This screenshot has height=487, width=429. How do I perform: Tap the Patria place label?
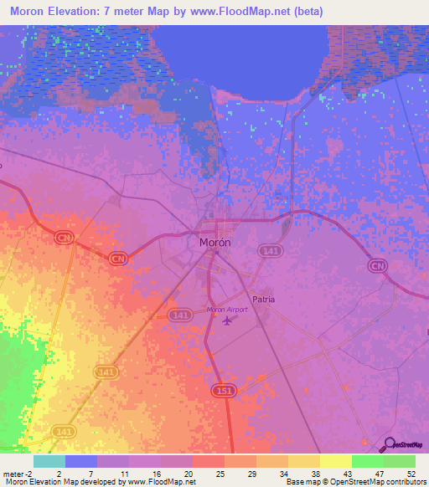(263, 299)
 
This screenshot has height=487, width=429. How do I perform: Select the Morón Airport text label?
(228, 310)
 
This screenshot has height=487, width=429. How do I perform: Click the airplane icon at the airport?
(226, 321)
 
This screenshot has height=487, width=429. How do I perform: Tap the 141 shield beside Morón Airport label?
(178, 314)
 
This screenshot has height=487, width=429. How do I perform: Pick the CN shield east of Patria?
(378, 265)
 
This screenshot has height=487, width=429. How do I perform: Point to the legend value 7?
(90, 473)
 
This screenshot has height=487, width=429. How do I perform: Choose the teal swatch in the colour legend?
(49, 461)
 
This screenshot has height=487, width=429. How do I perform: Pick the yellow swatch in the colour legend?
(335, 461)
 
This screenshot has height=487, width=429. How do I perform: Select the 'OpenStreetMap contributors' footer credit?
(381, 483)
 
